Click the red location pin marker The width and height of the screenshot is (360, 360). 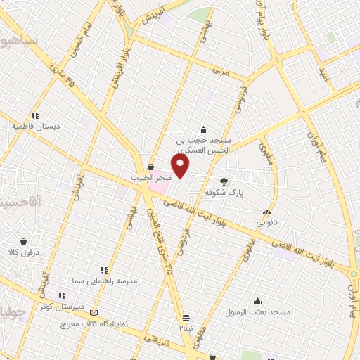[x=181, y=166]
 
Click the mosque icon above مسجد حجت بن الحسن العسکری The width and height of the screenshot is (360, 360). [x=203, y=129]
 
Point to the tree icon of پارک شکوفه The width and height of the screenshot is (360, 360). [x=224, y=180]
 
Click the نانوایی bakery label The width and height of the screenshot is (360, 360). [x=266, y=221]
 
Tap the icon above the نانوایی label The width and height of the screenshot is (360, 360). [x=266, y=211]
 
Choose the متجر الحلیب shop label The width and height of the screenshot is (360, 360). [x=151, y=178]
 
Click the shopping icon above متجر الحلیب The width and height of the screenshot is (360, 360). [x=151, y=167]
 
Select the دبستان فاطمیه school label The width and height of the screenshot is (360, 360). [x=34, y=127]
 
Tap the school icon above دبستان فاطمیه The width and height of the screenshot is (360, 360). [x=34, y=115]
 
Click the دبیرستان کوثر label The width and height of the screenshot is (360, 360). [x=61, y=307]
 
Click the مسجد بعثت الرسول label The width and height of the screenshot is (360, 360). [x=257, y=311]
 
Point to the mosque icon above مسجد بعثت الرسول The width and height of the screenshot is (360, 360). [x=258, y=300]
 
